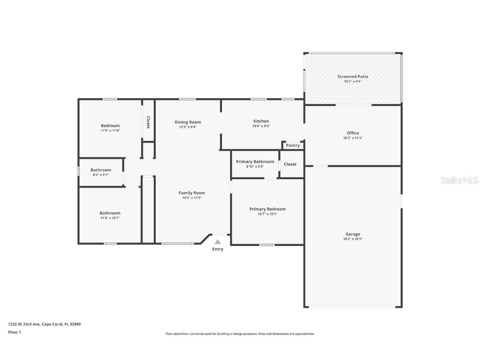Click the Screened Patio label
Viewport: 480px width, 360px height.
[x=352, y=77]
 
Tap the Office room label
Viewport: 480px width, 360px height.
[x=352, y=133]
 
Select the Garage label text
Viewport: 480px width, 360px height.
[x=352, y=234]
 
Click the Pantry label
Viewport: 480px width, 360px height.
[x=293, y=145]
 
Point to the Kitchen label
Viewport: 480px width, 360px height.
[x=261, y=121]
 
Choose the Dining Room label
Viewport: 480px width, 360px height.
[x=187, y=122]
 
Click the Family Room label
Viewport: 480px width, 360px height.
[x=192, y=193]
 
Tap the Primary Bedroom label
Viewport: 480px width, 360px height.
[x=267, y=209]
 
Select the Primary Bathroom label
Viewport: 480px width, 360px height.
[x=255, y=162]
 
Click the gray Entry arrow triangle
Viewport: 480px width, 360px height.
[x=217, y=242]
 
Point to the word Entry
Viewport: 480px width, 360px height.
[x=217, y=249]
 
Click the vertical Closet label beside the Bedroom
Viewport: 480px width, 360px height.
[x=148, y=122]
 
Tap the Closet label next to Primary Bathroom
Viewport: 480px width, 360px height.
[x=290, y=164]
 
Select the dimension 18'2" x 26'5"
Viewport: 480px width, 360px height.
[x=352, y=239]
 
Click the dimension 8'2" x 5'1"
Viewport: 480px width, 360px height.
[x=101, y=175]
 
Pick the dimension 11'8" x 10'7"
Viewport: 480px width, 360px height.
[x=110, y=218]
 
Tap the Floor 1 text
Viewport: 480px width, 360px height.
[x=14, y=332]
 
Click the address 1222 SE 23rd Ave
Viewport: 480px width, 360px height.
[x=24, y=324]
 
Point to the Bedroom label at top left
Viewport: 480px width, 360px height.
[x=110, y=126]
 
